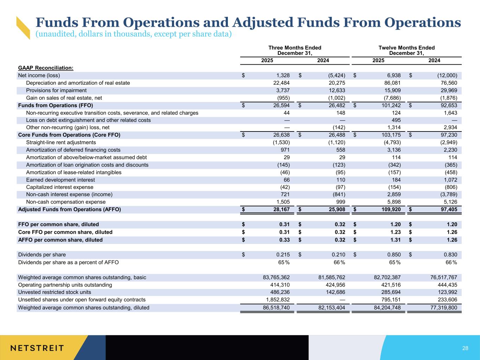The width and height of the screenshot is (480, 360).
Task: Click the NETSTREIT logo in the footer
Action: pyautogui.click(x=37, y=348)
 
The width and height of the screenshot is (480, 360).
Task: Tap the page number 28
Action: pyautogui.click(x=465, y=348)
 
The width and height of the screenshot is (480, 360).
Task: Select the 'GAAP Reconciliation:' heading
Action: pyautogui.click(x=46, y=68)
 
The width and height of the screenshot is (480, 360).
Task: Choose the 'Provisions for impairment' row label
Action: pyautogui.click(x=56, y=90)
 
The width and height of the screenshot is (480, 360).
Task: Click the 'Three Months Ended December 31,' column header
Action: pyautogui.click(x=295, y=50)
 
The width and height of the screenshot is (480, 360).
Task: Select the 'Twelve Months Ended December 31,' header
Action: pyautogui.click(x=407, y=50)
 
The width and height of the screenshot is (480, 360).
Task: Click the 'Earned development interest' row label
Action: pyautogui.click(x=60, y=180)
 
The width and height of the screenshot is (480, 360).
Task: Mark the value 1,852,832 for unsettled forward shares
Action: pyautogui.click(x=276, y=300)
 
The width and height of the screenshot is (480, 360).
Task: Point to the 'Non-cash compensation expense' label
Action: pyautogui.click(x=66, y=202)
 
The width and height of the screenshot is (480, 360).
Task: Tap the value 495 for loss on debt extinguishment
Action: pyautogui.click(x=396, y=120)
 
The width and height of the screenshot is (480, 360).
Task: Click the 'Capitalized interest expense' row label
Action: pyautogui.click(x=60, y=187)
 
